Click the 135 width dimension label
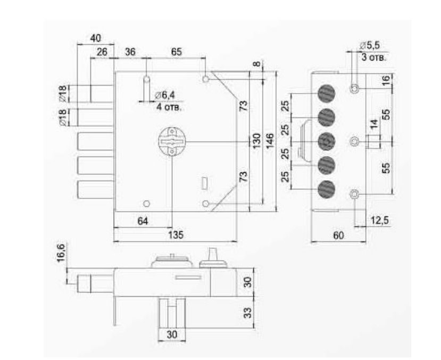[174, 235]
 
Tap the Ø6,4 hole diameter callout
[165, 95]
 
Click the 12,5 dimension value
[379, 220]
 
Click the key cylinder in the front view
[171, 141]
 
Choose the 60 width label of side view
[338, 235]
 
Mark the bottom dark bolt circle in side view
[326, 189]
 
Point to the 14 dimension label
[373, 127]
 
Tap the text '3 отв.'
[373, 56]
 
